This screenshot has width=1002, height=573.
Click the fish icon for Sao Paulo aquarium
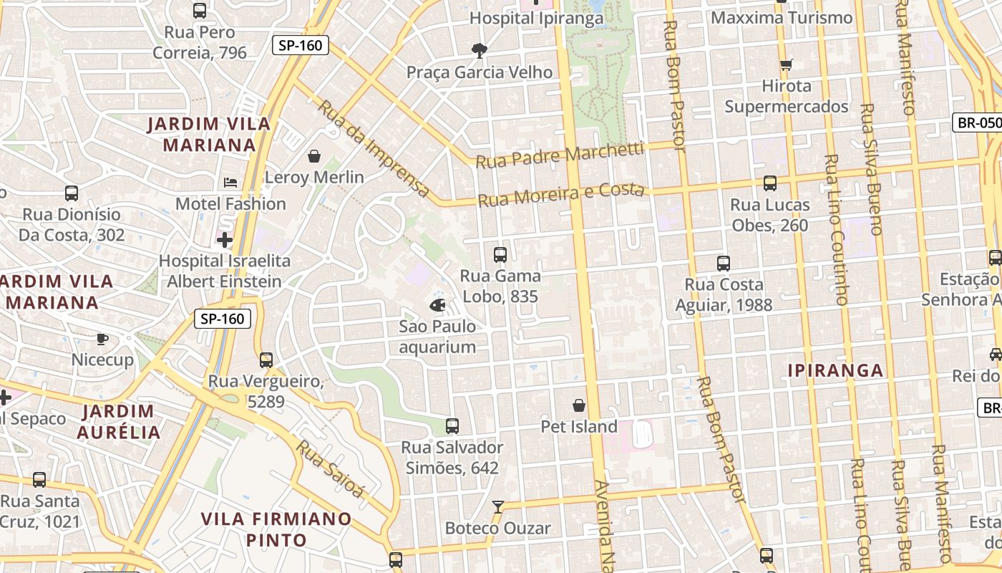tap(437, 305)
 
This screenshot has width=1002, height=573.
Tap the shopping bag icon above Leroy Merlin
tap(313, 155)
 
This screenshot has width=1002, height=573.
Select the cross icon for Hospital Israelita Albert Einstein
tap(225, 239)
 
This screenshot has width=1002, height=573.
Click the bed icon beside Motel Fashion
tap(230, 182)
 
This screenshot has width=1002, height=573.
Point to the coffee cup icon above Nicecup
tap(102, 338)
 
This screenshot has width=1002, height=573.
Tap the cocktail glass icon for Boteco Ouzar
tap(497, 507)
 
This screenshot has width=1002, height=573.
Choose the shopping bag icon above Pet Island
tap(578, 405)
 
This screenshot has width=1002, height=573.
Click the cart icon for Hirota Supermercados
tap(786, 65)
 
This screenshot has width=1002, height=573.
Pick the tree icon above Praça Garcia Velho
tap(479, 50)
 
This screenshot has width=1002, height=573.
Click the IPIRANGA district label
tap(835, 370)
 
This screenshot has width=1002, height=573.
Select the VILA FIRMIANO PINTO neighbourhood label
tap(276, 529)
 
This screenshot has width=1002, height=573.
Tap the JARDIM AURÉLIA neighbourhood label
tap(119, 421)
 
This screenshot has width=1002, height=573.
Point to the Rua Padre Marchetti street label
tap(560, 155)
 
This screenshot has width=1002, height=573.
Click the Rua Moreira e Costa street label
tap(561, 194)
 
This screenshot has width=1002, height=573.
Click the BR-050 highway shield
tap(978, 122)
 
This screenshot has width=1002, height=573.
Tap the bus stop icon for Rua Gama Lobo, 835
tap(500, 254)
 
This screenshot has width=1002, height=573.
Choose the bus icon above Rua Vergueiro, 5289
tap(266, 360)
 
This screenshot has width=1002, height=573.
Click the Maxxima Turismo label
tap(782, 17)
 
